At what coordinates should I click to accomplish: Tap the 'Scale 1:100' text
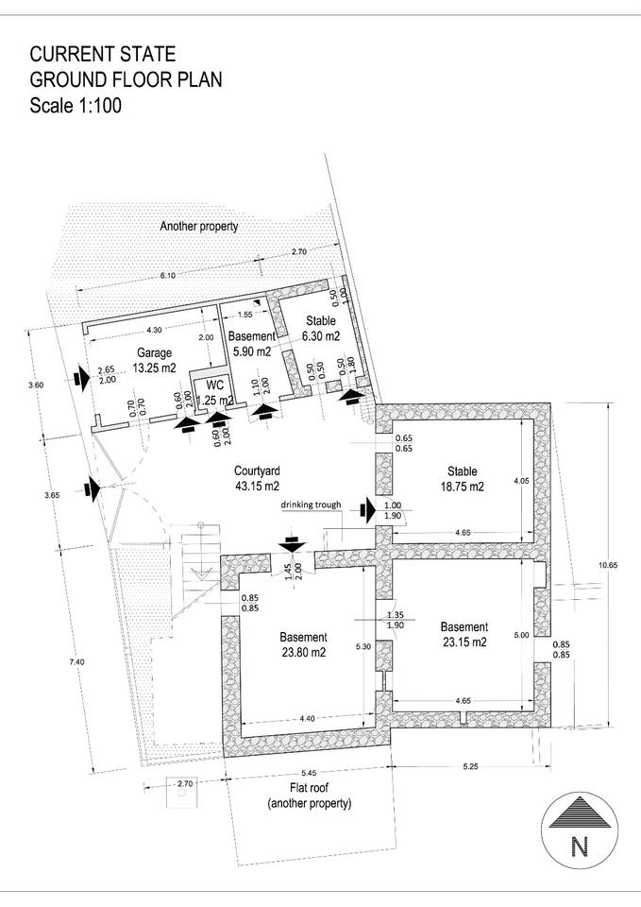(x=76, y=105)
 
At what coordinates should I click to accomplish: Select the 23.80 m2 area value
(x=302, y=652)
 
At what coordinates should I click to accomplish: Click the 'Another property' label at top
(x=198, y=227)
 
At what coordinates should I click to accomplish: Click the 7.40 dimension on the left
(x=77, y=662)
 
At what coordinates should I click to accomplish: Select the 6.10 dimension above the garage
(x=168, y=275)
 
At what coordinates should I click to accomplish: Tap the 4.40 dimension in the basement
(x=308, y=720)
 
